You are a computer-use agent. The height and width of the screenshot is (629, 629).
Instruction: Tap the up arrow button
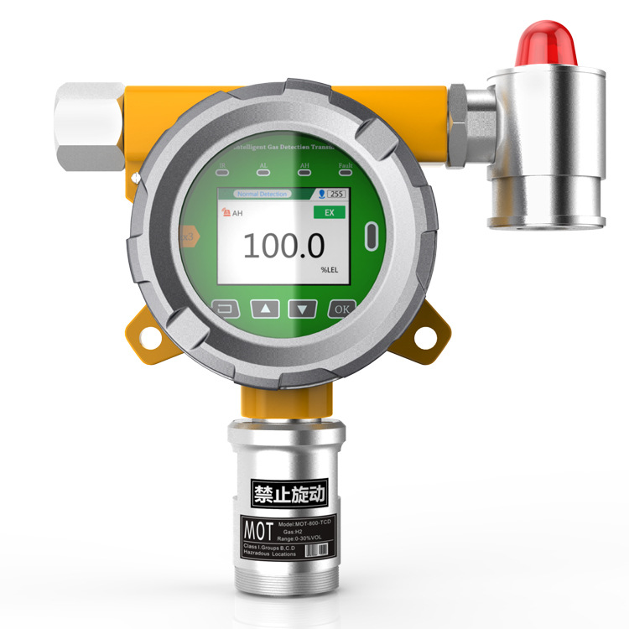[266, 308]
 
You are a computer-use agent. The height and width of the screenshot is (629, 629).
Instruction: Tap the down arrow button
[303, 308]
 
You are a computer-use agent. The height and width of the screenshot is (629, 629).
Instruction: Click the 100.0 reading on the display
[283, 246]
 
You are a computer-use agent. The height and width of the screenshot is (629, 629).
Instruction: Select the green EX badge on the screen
[330, 213]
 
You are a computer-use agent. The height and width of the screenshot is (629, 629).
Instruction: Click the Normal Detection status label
[263, 194]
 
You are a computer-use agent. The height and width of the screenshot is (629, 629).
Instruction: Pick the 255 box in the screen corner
[336, 194]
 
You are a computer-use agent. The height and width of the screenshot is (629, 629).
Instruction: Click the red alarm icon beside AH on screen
[225, 213]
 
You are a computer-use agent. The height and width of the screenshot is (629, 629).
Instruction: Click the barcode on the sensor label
[314, 550]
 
